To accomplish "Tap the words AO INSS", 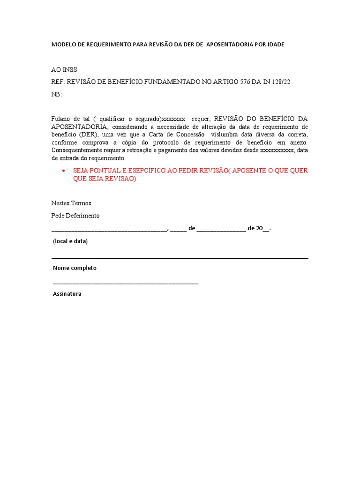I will click(64, 70).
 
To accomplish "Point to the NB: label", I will click(56, 94).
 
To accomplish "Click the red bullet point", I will click(63, 171).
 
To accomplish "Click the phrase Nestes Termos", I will click(71, 203).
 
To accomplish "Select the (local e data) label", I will click(70, 241).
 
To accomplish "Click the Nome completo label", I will click(75, 268).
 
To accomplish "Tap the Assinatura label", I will click(67, 294).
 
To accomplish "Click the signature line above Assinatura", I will click(126, 284).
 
